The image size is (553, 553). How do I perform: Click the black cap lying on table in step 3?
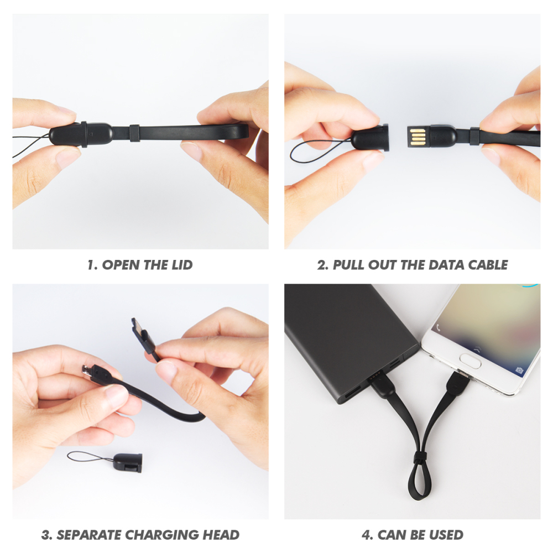pos(128,462)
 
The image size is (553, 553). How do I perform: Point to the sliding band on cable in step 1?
pos(135,133)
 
